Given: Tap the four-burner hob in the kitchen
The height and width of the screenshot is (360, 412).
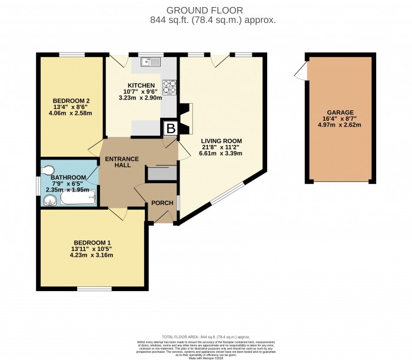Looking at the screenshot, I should pyautogui.click(x=170, y=87).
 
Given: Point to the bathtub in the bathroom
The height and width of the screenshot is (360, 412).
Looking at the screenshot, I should pyautogui.click(x=78, y=201).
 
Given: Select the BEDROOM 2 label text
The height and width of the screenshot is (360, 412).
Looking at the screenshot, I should pyautogui.click(x=71, y=100).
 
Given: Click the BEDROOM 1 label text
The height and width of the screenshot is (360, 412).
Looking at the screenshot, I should pyautogui.click(x=92, y=242).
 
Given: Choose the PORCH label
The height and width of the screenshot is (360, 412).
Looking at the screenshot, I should pyautogui.click(x=162, y=203).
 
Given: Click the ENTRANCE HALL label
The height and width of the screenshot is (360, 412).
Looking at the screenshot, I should pyautogui.click(x=122, y=162).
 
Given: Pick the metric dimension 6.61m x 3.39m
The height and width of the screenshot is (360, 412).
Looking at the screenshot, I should pyautogui.click(x=221, y=153).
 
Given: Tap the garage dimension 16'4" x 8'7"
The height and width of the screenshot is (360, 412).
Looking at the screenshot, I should pyautogui.click(x=342, y=118).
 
